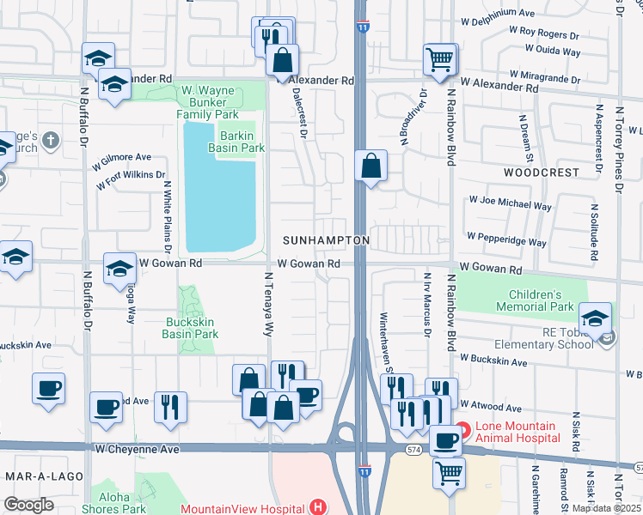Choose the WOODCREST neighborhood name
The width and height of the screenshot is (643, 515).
pyautogui.click(x=542, y=173)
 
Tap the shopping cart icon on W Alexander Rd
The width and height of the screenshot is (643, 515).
pyautogui.click(x=439, y=60)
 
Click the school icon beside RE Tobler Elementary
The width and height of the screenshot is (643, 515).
pyautogui.click(x=595, y=317)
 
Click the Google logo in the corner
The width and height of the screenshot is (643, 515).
pyautogui.click(x=28, y=505)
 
